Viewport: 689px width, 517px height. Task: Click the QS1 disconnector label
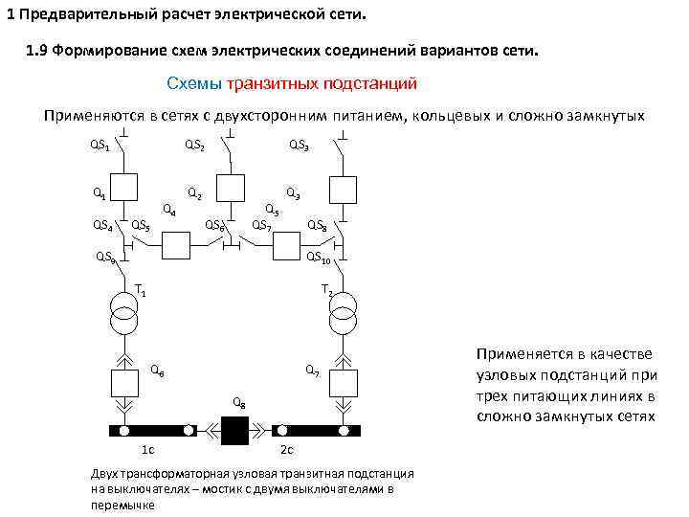tap(100, 146)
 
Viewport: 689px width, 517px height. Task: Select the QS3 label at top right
tap(299, 146)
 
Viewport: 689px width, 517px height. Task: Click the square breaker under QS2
tap(231, 188)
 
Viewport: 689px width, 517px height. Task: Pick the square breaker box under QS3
tap(341, 188)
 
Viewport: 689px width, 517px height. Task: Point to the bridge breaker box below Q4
tap(177, 247)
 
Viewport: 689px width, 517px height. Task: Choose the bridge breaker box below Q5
tap(286, 247)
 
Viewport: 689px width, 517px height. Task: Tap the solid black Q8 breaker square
tap(233, 431)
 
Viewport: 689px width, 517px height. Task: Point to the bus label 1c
tap(148, 450)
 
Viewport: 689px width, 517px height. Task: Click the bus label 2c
tap(286, 450)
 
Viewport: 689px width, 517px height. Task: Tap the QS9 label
tap(105, 258)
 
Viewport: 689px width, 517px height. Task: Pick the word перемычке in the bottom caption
tap(122, 504)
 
